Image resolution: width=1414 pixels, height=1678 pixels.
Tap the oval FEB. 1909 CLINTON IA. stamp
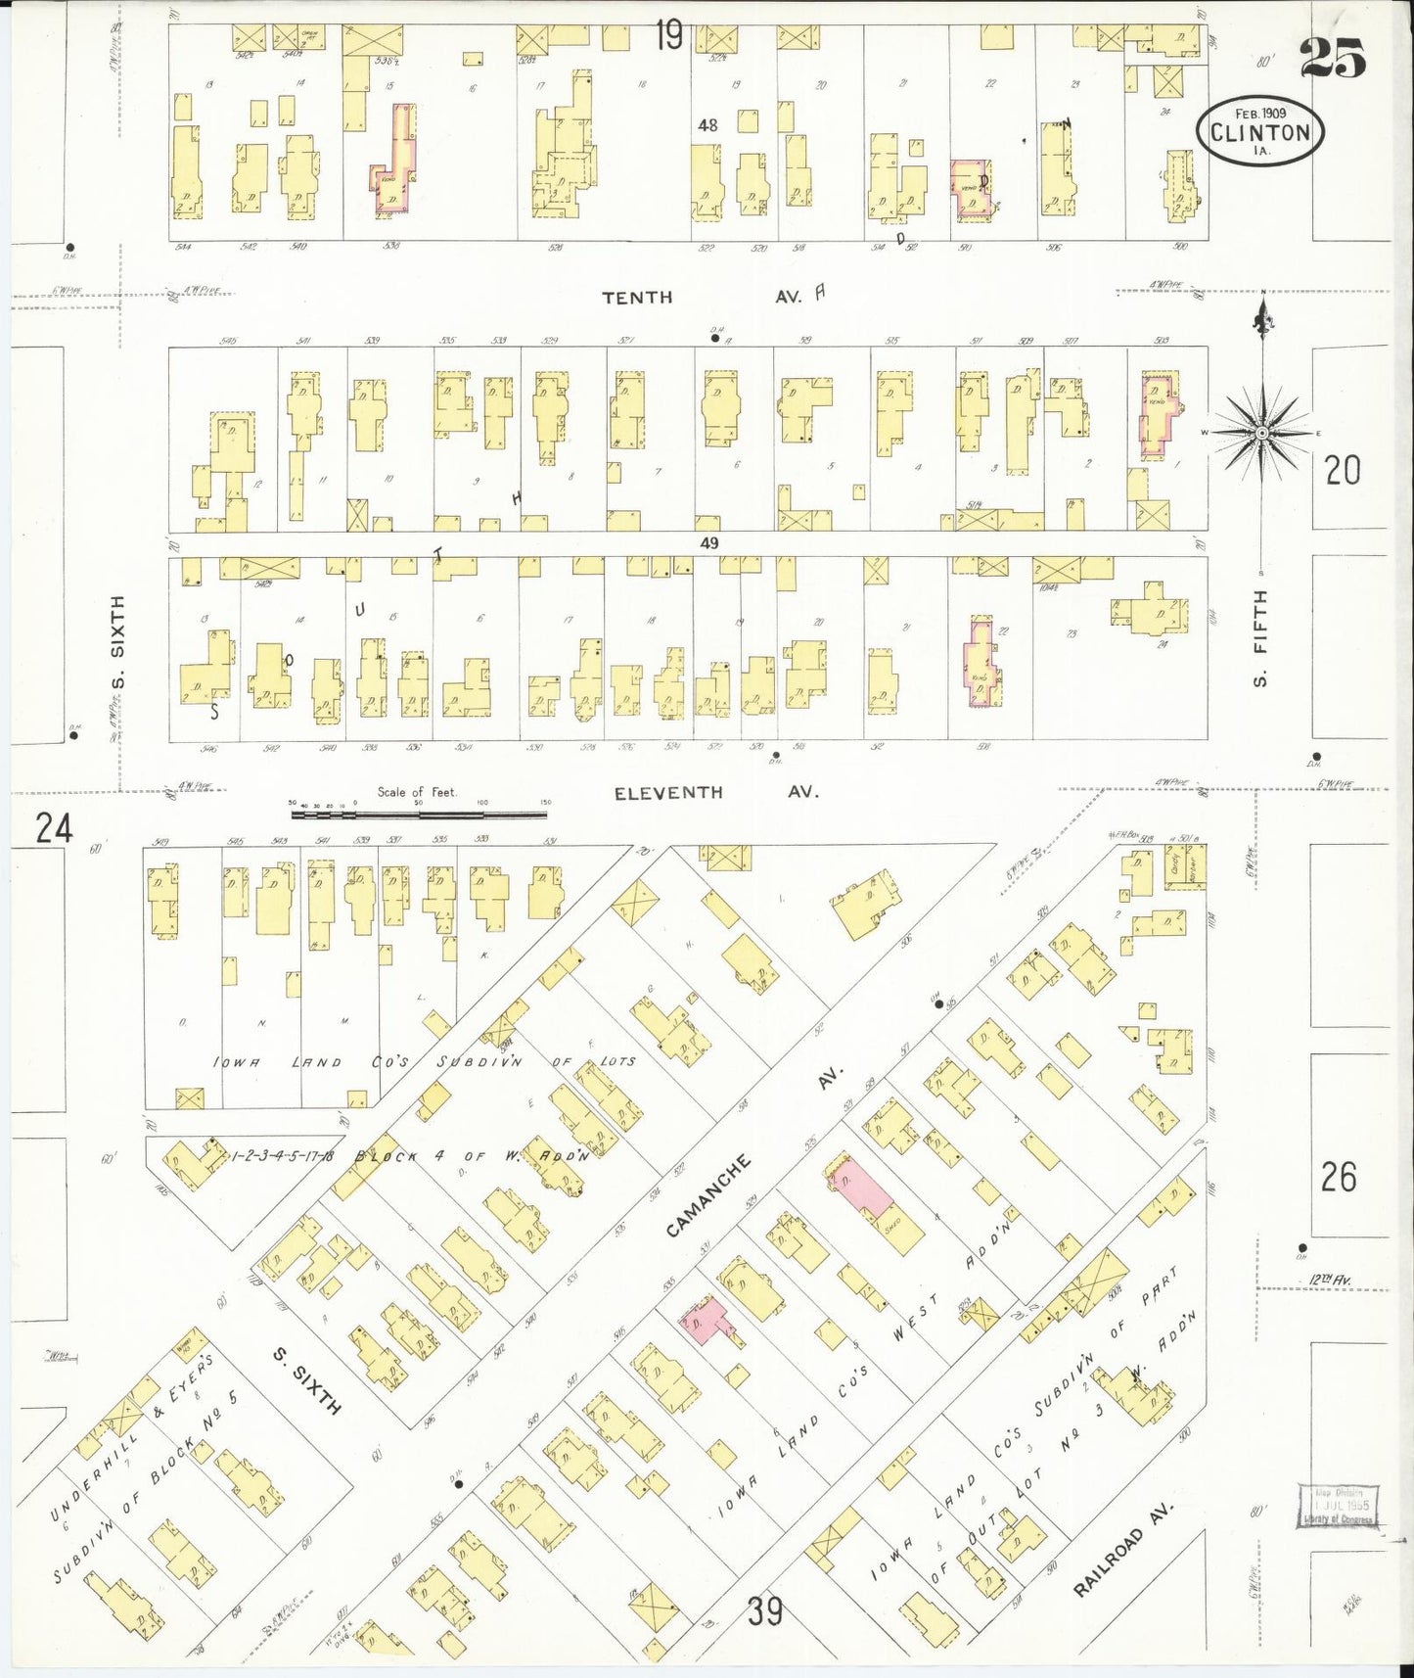coord(1260,131)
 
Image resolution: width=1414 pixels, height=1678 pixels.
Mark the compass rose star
coord(1262,433)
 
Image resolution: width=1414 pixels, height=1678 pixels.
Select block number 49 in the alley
coord(709,543)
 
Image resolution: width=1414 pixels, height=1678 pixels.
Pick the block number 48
coord(707,125)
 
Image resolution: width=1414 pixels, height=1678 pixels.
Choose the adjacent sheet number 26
coord(1338,1177)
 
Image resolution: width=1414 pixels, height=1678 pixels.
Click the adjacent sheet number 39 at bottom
coord(765,1610)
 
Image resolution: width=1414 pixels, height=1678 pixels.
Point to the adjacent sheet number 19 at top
coord(669,37)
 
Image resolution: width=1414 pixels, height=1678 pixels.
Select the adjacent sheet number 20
coord(1343,471)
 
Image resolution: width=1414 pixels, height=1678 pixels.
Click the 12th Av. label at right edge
coord(1329,1281)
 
